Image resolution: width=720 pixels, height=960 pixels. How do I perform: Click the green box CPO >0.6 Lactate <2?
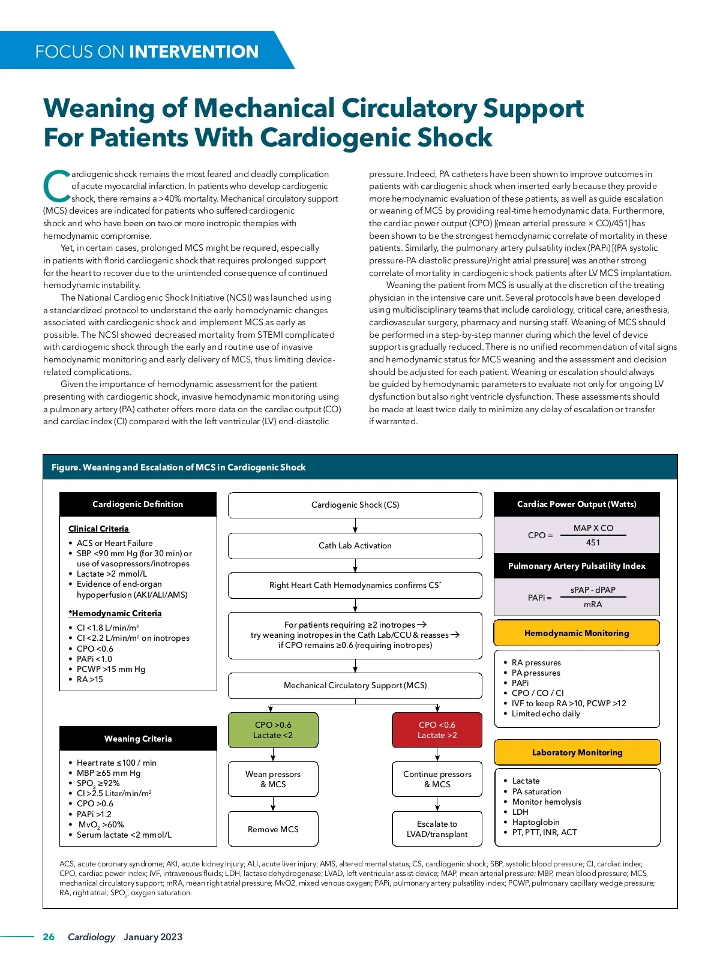click(273, 730)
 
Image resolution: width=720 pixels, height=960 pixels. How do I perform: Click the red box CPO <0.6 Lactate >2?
click(437, 730)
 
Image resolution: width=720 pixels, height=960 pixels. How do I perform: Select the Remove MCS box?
click(273, 829)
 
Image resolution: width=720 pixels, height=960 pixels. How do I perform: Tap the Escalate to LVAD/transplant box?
click(437, 829)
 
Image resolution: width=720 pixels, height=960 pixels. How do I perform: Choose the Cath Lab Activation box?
click(355, 545)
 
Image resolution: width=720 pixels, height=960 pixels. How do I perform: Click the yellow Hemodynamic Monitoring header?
click(576, 633)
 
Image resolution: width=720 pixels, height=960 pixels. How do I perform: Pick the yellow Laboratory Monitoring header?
click(577, 752)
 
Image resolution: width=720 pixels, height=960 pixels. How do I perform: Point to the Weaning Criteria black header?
click(138, 739)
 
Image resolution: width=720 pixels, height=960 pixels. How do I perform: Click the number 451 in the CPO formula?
click(593, 542)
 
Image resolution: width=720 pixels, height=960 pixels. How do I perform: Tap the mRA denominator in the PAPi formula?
click(593, 604)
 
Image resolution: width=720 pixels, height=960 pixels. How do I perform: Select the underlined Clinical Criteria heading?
click(98, 529)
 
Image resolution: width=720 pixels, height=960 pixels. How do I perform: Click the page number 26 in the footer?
click(49, 937)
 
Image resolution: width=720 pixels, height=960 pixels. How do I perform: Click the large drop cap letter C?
click(56, 186)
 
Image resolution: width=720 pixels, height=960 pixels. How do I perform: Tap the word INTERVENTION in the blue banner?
click(194, 52)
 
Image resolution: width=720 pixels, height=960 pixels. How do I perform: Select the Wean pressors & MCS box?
click(273, 779)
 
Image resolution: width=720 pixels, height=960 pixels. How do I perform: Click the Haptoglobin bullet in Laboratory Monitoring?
click(536, 822)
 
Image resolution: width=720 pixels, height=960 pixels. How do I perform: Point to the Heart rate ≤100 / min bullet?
click(116, 763)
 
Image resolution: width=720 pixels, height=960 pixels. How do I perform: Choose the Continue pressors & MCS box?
click(437, 779)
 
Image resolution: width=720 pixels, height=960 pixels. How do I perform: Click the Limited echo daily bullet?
click(545, 713)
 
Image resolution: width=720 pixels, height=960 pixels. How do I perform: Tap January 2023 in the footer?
click(153, 937)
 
